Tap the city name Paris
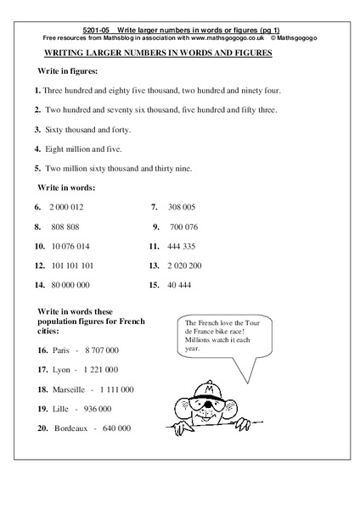pyautogui.click(x=63, y=350)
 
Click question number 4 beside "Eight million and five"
pyautogui.click(x=38, y=148)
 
